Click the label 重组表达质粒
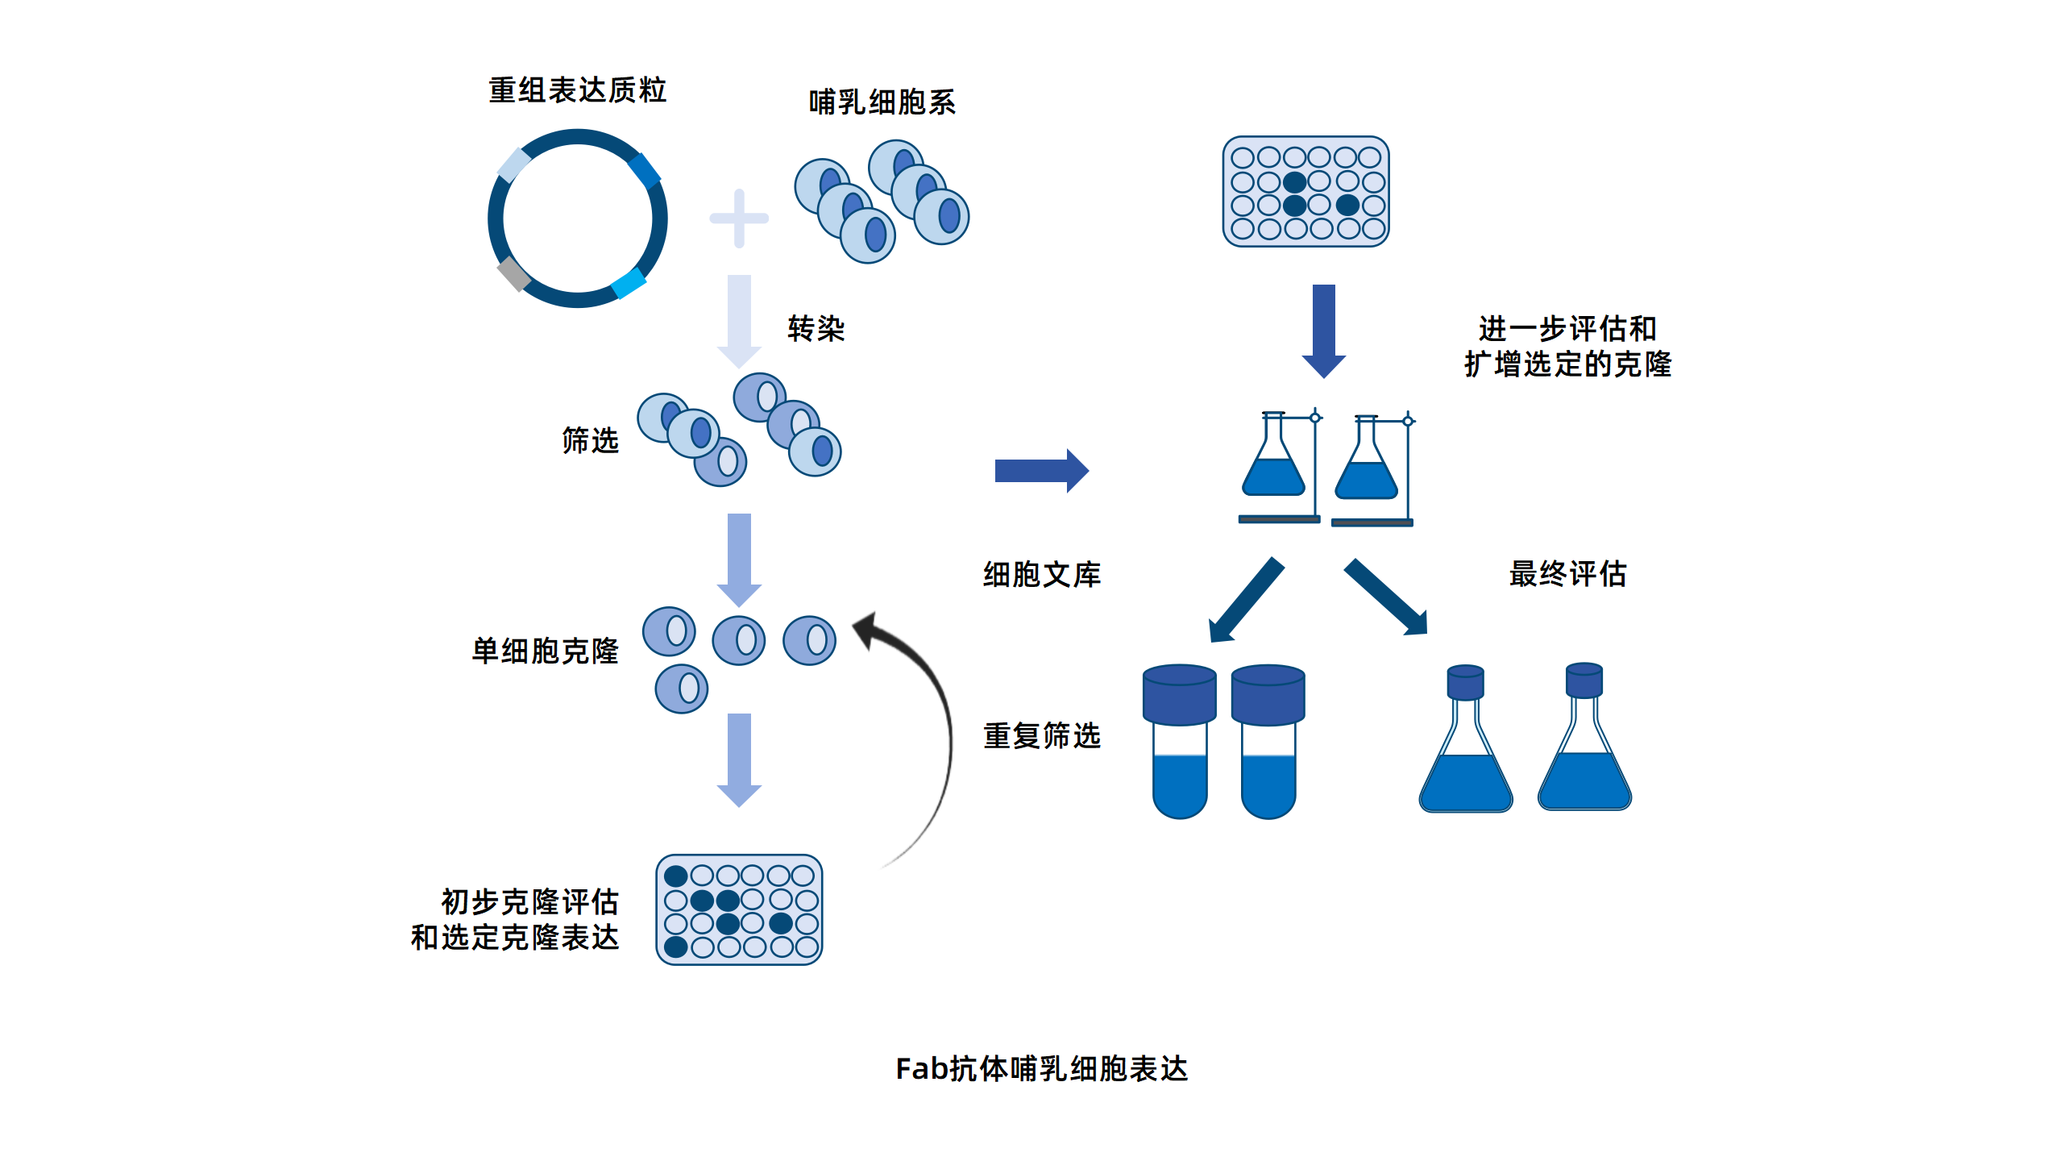pyautogui.click(x=577, y=89)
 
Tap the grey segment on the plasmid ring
pyautogui.click(x=513, y=273)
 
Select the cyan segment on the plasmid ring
pyautogui.click(x=629, y=283)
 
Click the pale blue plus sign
pyautogui.click(x=738, y=218)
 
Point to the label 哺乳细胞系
pyautogui.click(x=882, y=102)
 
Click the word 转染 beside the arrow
pyautogui.click(x=816, y=329)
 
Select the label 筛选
pyautogui.click(x=590, y=440)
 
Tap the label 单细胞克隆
pyautogui.click(x=545, y=651)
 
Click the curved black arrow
pyautogui.click(x=935, y=726)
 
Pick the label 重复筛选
pyautogui.click(x=1041, y=735)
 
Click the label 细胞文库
pyautogui.click(x=1041, y=574)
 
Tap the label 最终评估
pyautogui.click(x=1567, y=574)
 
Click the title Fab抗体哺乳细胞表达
pyautogui.click(x=1041, y=1068)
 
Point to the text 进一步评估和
pyautogui.click(x=1567, y=328)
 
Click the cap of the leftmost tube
pyautogui.click(x=1179, y=694)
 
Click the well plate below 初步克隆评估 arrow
pyautogui.click(x=739, y=909)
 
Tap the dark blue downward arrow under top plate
pyautogui.click(x=1324, y=331)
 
